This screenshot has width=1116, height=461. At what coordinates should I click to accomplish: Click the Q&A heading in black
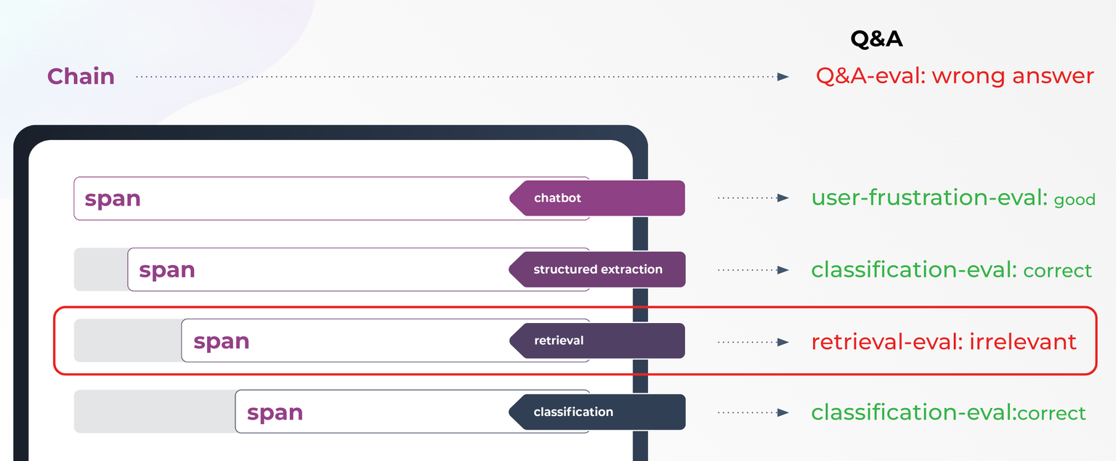(x=876, y=38)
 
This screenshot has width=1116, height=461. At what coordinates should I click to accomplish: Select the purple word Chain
(x=81, y=76)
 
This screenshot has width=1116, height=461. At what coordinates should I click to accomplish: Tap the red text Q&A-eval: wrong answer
(x=954, y=76)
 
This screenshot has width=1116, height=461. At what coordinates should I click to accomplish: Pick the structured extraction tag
(x=597, y=269)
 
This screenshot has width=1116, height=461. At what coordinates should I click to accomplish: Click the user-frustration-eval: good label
(x=953, y=197)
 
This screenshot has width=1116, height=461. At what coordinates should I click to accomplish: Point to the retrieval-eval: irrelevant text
(x=943, y=341)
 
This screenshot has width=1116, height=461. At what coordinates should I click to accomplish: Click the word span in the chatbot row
(x=113, y=199)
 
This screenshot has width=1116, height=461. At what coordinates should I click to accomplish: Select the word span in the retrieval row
(x=221, y=341)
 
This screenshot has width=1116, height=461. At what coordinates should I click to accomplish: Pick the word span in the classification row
(x=275, y=412)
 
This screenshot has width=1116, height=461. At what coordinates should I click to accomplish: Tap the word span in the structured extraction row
(x=167, y=270)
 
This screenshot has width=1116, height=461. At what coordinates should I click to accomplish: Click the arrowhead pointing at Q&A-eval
(x=783, y=76)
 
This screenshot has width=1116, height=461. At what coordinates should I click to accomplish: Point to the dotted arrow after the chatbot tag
(x=753, y=197)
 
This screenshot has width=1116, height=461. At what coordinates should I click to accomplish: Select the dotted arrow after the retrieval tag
(x=753, y=341)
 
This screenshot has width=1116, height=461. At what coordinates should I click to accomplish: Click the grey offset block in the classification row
(x=154, y=412)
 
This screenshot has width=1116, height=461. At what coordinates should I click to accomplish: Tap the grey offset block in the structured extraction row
(x=101, y=269)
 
